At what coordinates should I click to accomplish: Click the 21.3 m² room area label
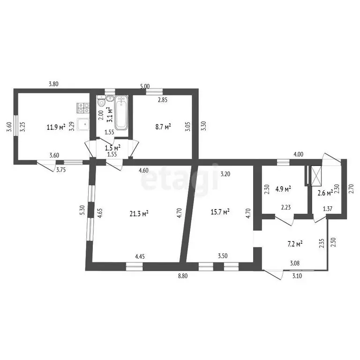[x=139, y=214]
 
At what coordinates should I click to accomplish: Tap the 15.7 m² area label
[x=220, y=212]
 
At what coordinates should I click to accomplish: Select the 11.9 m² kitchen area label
[x=56, y=127]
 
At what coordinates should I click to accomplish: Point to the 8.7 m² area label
[x=163, y=127]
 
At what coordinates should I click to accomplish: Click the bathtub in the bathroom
[x=121, y=112]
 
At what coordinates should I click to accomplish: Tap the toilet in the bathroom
[x=101, y=101]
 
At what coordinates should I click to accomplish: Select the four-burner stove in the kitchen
[x=83, y=108]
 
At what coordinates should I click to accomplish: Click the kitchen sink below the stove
[x=83, y=124]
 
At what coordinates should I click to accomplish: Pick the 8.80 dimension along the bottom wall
[x=183, y=276]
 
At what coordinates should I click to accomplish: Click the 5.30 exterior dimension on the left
[x=83, y=210]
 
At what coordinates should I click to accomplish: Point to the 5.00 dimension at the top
[x=145, y=86]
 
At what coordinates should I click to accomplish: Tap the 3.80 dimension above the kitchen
[x=53, y=84]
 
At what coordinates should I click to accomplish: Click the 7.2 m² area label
[x=295, y=244]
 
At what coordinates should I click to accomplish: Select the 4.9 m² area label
[x=283, y=189]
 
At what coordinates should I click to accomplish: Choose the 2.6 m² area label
[x=325, y=193]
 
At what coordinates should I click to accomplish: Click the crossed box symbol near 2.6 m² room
[x=316, y=176]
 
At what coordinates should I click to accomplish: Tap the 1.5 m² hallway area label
[x=112, y=147]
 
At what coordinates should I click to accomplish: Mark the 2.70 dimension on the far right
[x=351, y=189]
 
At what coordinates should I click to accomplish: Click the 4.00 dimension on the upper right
[x=299, y=154]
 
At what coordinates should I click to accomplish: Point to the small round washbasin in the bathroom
[x=110, y=98]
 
